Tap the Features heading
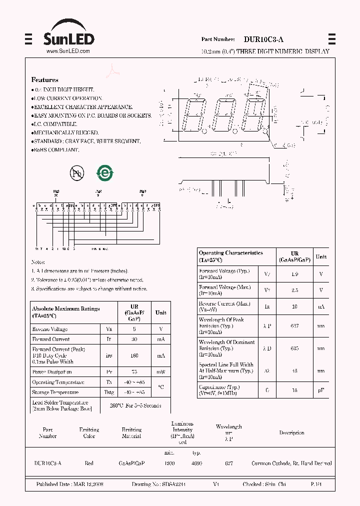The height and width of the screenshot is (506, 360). point(44,79)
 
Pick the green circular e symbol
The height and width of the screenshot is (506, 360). point(105,173)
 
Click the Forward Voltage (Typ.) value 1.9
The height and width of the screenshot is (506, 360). point(294,273)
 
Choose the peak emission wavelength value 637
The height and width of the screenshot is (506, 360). point(294,325)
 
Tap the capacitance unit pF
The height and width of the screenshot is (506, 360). point(321,390)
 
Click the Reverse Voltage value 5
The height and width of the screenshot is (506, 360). point(134,329)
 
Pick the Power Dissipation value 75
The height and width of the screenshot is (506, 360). point(134,372)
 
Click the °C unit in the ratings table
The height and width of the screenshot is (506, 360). point(160,387)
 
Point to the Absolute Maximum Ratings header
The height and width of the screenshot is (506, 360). point(65,312)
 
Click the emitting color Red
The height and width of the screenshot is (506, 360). point(89,463)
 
